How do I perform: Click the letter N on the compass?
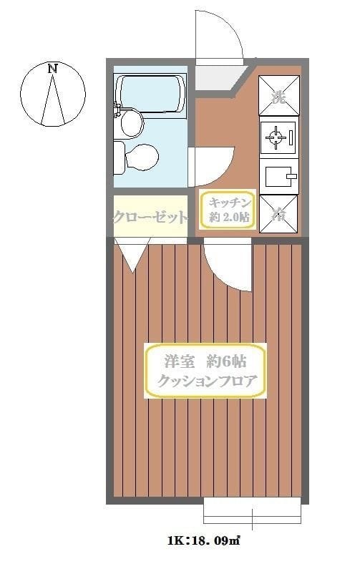point(52,69)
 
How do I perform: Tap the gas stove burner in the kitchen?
point(278,137)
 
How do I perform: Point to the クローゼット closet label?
point(150,217)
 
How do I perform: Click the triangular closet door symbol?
point(132,256)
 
